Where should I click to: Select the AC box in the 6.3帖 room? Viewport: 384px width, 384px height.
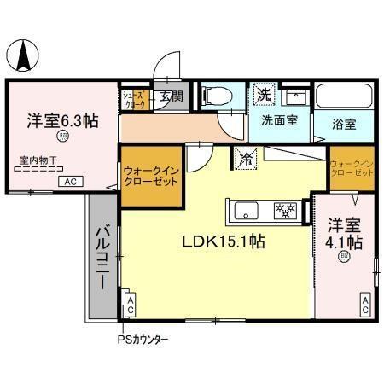(x=71, y=182)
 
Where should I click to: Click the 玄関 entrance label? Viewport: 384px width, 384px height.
(x=171, y=96)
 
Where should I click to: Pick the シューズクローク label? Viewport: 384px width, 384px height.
(x=135, y=98)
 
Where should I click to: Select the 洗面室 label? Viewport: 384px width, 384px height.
(x=278, y=121)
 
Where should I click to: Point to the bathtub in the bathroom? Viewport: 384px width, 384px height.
(x=346, y=97)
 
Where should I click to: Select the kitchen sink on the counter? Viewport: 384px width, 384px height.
(x=243, y=210)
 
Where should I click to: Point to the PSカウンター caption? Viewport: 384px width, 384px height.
(x=143, y=340)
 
